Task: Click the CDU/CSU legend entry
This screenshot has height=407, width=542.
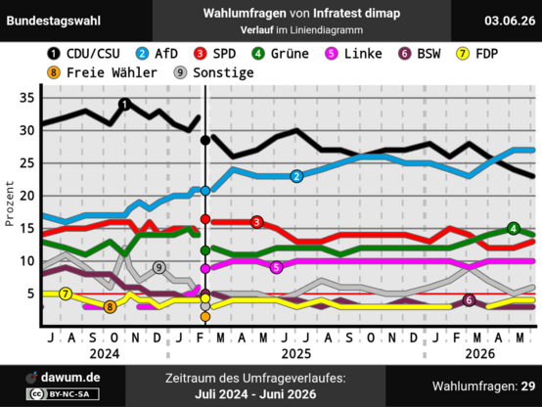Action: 83,54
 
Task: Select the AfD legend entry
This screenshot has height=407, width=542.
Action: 157,54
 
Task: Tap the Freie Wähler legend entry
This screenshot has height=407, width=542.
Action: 102,73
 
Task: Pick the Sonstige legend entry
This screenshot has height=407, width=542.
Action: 213,73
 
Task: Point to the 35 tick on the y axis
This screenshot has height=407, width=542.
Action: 27,98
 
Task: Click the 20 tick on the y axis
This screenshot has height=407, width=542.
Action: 27,196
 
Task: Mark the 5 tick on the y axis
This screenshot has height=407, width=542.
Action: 30,294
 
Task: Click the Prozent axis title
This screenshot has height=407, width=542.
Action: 10,203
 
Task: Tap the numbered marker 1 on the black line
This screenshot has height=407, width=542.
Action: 125,104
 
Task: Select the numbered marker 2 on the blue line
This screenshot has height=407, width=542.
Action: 296,176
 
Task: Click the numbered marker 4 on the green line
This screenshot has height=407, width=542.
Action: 514,229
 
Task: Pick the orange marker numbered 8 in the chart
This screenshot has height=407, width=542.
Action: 110,307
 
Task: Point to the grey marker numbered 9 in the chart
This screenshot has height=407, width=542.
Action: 158,267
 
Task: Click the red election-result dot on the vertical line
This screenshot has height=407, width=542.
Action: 205,219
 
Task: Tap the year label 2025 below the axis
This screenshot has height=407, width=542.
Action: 296,354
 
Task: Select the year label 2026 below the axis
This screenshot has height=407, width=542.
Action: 479,354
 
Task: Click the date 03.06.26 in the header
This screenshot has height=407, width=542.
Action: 510,21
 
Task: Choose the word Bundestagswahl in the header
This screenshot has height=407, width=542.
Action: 54,21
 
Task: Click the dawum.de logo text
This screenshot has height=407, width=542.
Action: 70,378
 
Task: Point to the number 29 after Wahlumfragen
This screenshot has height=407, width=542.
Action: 528,385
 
